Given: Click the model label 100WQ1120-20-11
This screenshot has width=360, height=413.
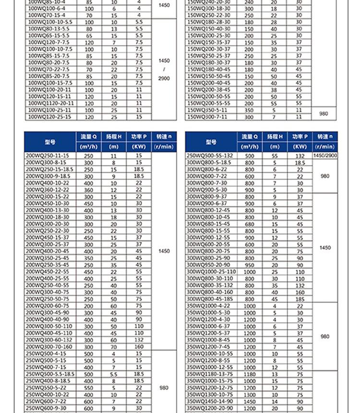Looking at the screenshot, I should point(51,103).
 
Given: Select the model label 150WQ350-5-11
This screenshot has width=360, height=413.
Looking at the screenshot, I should point(207,110).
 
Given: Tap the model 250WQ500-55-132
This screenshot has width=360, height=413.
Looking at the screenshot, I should point(209,155).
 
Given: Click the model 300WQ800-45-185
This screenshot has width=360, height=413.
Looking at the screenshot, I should point(209,299).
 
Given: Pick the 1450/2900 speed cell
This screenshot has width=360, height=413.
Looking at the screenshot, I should point(325,155).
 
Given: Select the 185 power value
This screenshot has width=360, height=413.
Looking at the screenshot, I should point(300,299).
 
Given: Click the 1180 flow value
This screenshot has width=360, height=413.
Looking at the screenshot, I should point(250,374).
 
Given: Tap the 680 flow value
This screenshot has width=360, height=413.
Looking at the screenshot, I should point(250,224).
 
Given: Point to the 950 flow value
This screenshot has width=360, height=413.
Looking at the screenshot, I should point(250,265).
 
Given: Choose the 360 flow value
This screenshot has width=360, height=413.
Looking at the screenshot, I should point(89,190).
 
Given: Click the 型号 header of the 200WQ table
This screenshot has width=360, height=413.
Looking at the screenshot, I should point(50,142).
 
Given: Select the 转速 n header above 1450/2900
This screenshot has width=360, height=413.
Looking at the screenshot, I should point(325,137).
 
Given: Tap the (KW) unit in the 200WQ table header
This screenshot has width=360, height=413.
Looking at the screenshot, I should point(139,147).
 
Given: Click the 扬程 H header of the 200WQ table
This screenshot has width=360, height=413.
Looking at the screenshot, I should point(114,137).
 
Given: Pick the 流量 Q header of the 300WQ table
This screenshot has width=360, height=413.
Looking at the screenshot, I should point(250,137).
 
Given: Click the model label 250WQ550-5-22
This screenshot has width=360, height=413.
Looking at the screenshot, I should point(46,388).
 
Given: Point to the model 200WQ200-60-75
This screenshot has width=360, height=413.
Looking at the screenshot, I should point(47,306).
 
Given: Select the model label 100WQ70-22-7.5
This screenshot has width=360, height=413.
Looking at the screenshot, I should point(48,70).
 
